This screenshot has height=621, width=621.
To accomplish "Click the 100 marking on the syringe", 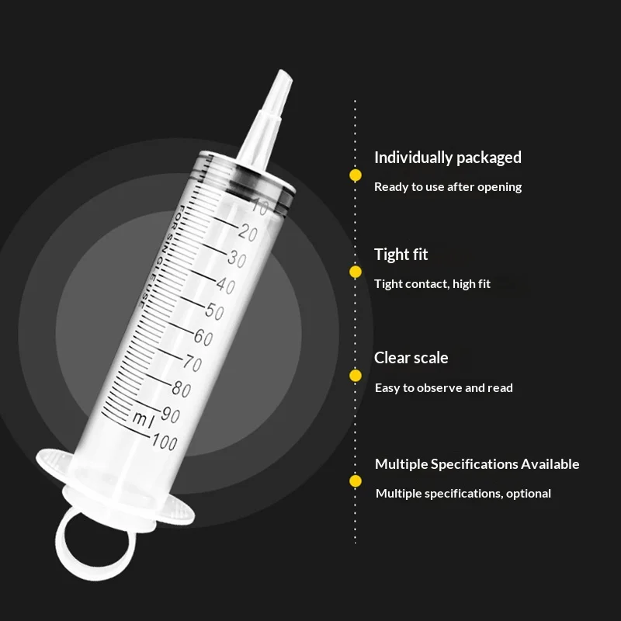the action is pyautogui.click(x=165, y=442).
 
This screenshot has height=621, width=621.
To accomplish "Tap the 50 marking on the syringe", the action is pyautogui.click(x=215, y=310).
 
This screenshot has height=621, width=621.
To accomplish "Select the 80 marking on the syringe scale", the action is pyautogui.click(x=182, y=389).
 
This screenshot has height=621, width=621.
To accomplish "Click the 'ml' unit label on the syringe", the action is pyautogui.click(x=143, y=420).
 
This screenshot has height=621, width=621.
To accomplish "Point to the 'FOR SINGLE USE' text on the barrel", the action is pyautogui.click(x=161, y=256).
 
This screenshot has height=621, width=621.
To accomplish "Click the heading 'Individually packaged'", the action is pyautogui.click(x=448, y=158).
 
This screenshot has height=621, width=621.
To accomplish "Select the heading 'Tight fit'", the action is pyautogui.click(x=401, y=255).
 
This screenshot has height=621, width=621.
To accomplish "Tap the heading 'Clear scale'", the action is pyautogui.click(x=411, y=358).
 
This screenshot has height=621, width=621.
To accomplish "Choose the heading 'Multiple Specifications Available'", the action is pyautogui.click(x=477, y=463).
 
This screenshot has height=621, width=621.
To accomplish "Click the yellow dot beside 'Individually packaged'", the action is pyautogui.click(x=356, y=175).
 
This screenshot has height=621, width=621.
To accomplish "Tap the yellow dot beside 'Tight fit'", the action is pyautogui.click(x=356, y=272).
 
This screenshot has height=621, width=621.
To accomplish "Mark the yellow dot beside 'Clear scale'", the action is pyautogui.click(x=356, y=376).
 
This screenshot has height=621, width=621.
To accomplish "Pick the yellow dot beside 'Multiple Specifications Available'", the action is pyautogui.click(x=356, y=480).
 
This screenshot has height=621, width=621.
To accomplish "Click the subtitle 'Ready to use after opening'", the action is pyautogui.click(x=448, y=187).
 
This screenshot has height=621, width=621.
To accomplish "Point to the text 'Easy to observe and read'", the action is pyautogui.click(x=443, y=387).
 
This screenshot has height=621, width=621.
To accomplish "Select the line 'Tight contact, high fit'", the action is pyautogui.click(x=432, y=284).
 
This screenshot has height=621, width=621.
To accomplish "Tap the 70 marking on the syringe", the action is pyautogui.click(x=193, y=363).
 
